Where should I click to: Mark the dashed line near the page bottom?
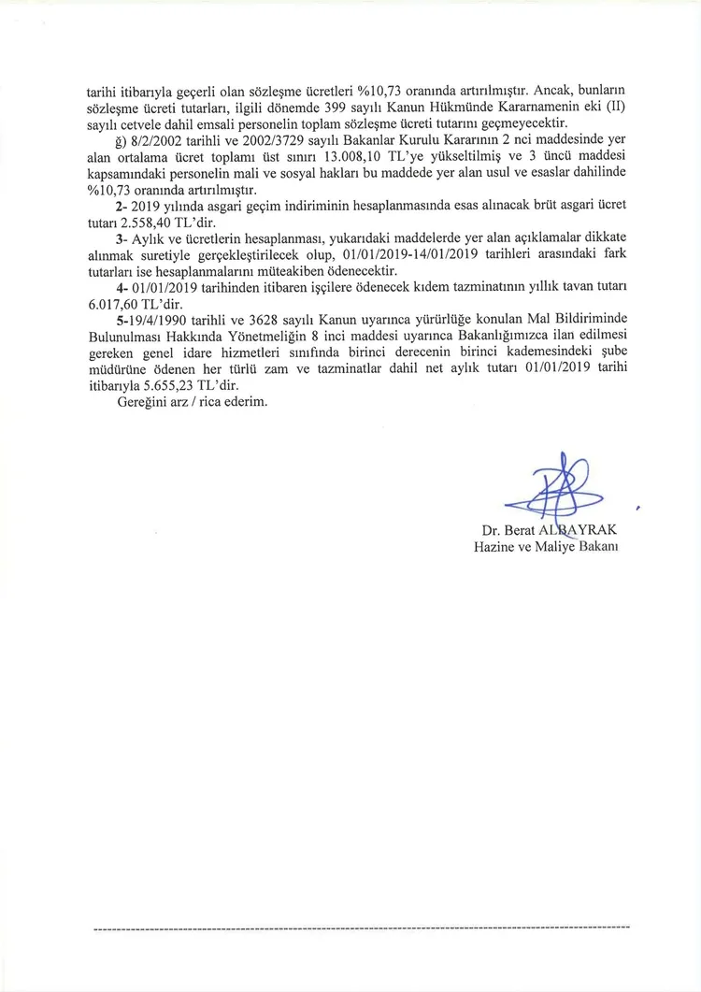(362, 927)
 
